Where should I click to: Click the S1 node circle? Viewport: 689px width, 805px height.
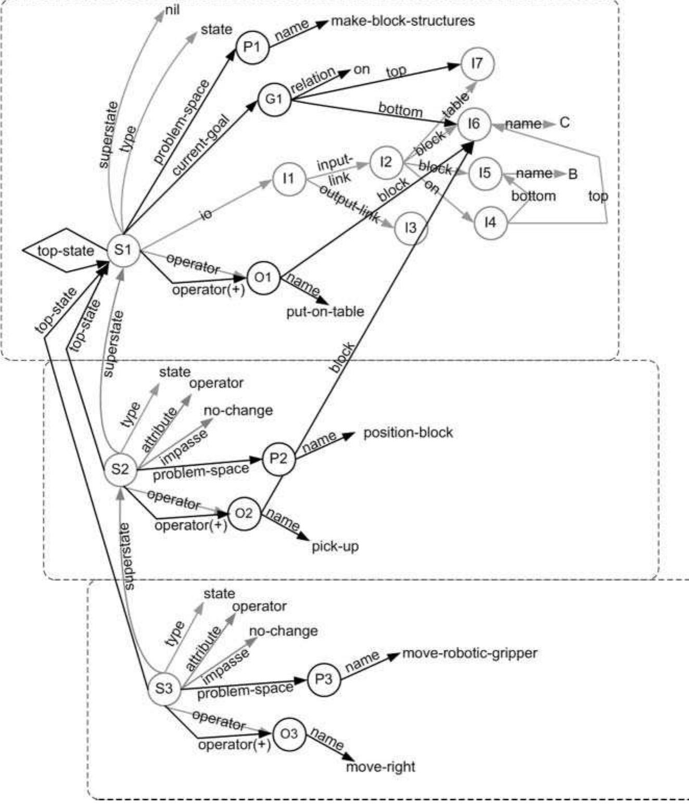pos(123,250)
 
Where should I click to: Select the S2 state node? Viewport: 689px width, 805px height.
pos(120,468)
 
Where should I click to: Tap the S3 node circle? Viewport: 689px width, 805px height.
pos(164,688)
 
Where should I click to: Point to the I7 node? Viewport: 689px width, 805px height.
pos(477,65)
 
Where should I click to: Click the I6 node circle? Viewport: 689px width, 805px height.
pos(474,124)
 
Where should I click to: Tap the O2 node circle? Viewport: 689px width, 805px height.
pos(244,513)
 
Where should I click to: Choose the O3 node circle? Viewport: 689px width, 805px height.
pos(289,734)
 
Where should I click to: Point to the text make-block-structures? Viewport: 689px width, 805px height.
pos(402,21)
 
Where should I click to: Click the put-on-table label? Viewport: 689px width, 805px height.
pos(325,312)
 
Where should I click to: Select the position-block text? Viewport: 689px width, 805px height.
pos(408,432)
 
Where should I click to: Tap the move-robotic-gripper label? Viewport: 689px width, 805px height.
pos(470,653)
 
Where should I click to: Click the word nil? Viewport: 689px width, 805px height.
pos(173,10)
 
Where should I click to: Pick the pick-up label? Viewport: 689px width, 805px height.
pos(335,546)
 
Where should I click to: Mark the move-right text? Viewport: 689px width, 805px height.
pos(380,766)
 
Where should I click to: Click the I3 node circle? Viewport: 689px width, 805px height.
pos(411,227)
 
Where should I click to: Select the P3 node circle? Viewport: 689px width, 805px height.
pos(324,679)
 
